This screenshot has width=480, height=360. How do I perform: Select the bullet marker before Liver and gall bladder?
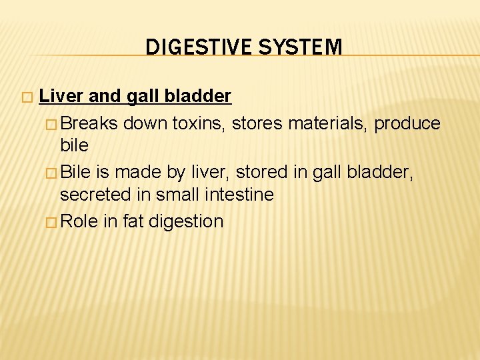pos(26,97)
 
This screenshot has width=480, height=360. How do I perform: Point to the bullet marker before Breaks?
pos(53,124)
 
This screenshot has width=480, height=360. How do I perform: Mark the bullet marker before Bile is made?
pos(53,173)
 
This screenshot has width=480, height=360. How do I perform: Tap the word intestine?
pos(241,195)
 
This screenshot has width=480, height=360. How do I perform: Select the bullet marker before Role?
pos(53,221)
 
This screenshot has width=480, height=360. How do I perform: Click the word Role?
pos(79,221)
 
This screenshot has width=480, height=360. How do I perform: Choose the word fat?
pos(133,221)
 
